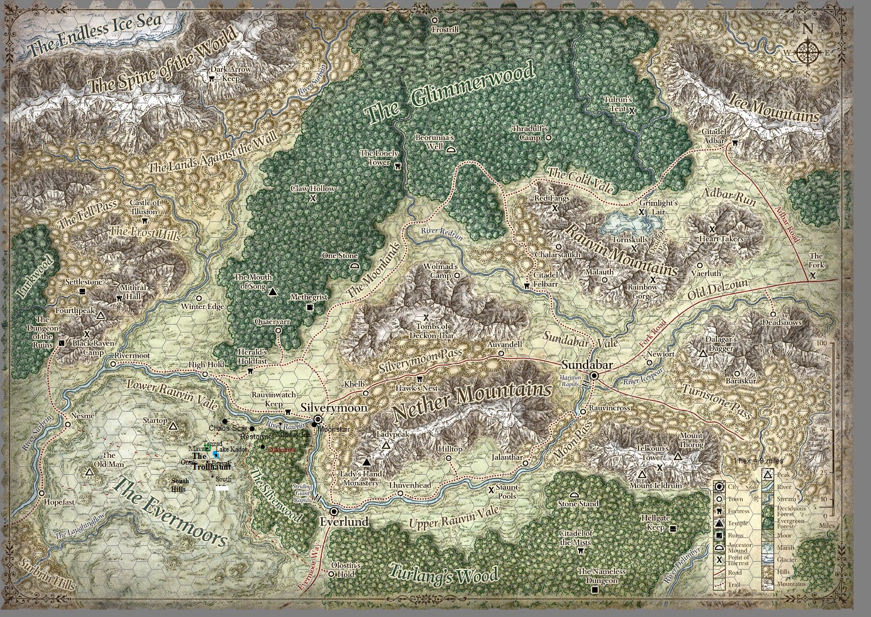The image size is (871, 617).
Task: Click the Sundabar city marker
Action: pos(594,377)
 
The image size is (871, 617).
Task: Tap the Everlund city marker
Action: pos(334,511)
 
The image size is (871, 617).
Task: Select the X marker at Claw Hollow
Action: pos(313,198)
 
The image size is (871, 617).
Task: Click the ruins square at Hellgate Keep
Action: pos(672,528)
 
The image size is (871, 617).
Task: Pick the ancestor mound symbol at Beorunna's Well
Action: pos(451,150)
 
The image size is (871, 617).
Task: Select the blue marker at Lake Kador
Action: pos(216,454)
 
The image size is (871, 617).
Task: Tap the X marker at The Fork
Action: pos(812,275)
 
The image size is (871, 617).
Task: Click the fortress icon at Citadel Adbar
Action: pos(734,143)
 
